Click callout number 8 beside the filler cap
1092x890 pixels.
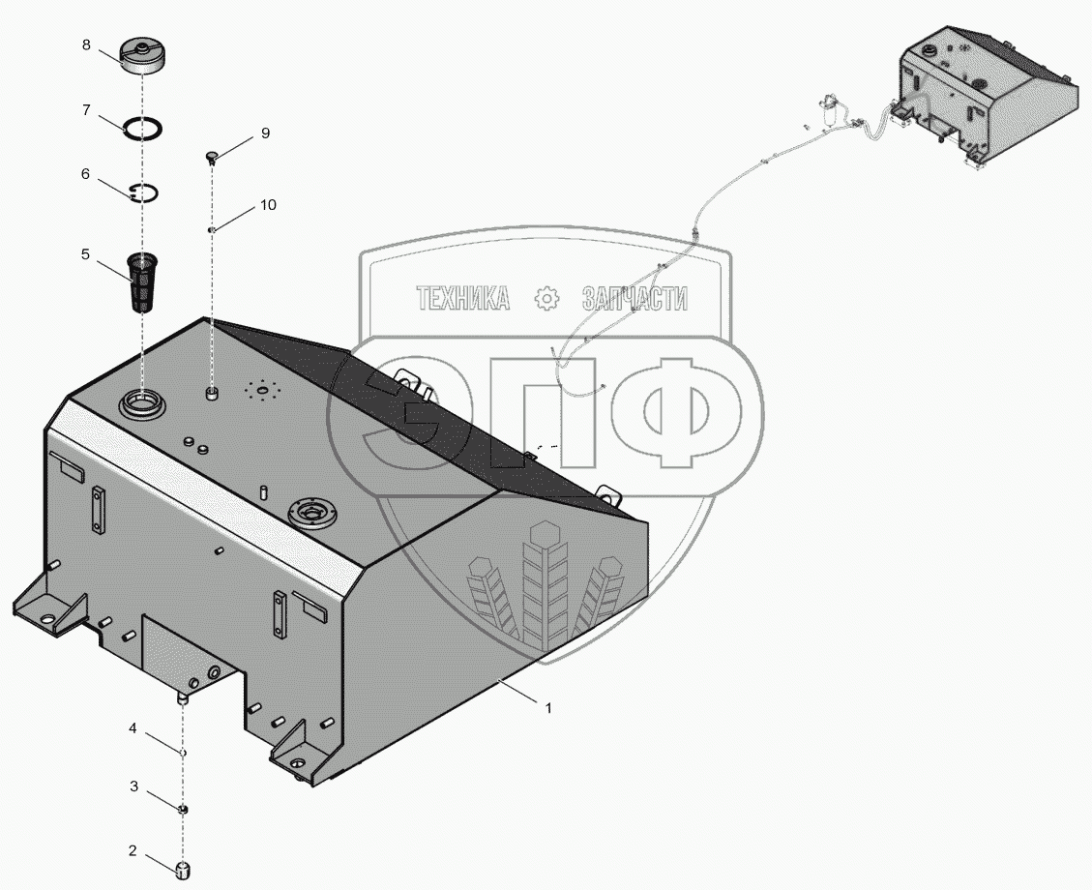pos(86,44)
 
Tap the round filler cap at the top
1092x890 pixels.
pos(142,56)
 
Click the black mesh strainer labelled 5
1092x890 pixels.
pos(143,284)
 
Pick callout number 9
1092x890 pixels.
pos(265,133)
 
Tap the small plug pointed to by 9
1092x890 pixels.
pos(212,157)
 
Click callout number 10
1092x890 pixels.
pos(268,205)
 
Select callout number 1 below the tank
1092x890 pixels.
pos(548,707)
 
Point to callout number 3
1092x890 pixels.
pos(133,786)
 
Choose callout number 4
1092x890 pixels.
pos(133,728)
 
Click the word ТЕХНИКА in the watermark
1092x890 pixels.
pos(463,299)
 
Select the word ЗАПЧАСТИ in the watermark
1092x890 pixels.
pos(635,299)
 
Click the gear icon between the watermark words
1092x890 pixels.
pos(546,299)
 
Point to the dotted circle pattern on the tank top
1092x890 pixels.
pos(262,391)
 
